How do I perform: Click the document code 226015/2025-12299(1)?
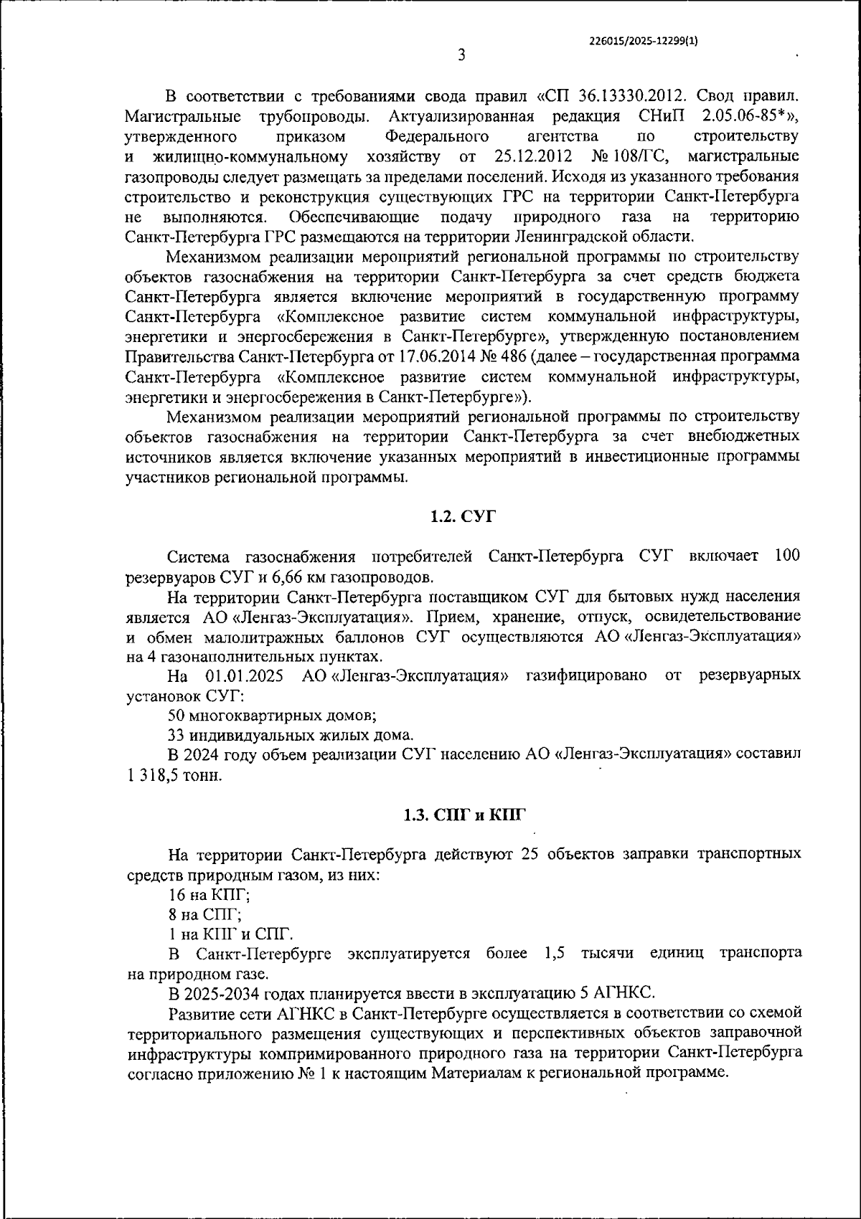tap(641, 41)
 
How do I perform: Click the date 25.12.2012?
tap(533, 157)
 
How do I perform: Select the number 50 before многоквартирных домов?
tap(177, 715)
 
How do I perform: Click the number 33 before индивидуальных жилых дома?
tap(177, 735)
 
